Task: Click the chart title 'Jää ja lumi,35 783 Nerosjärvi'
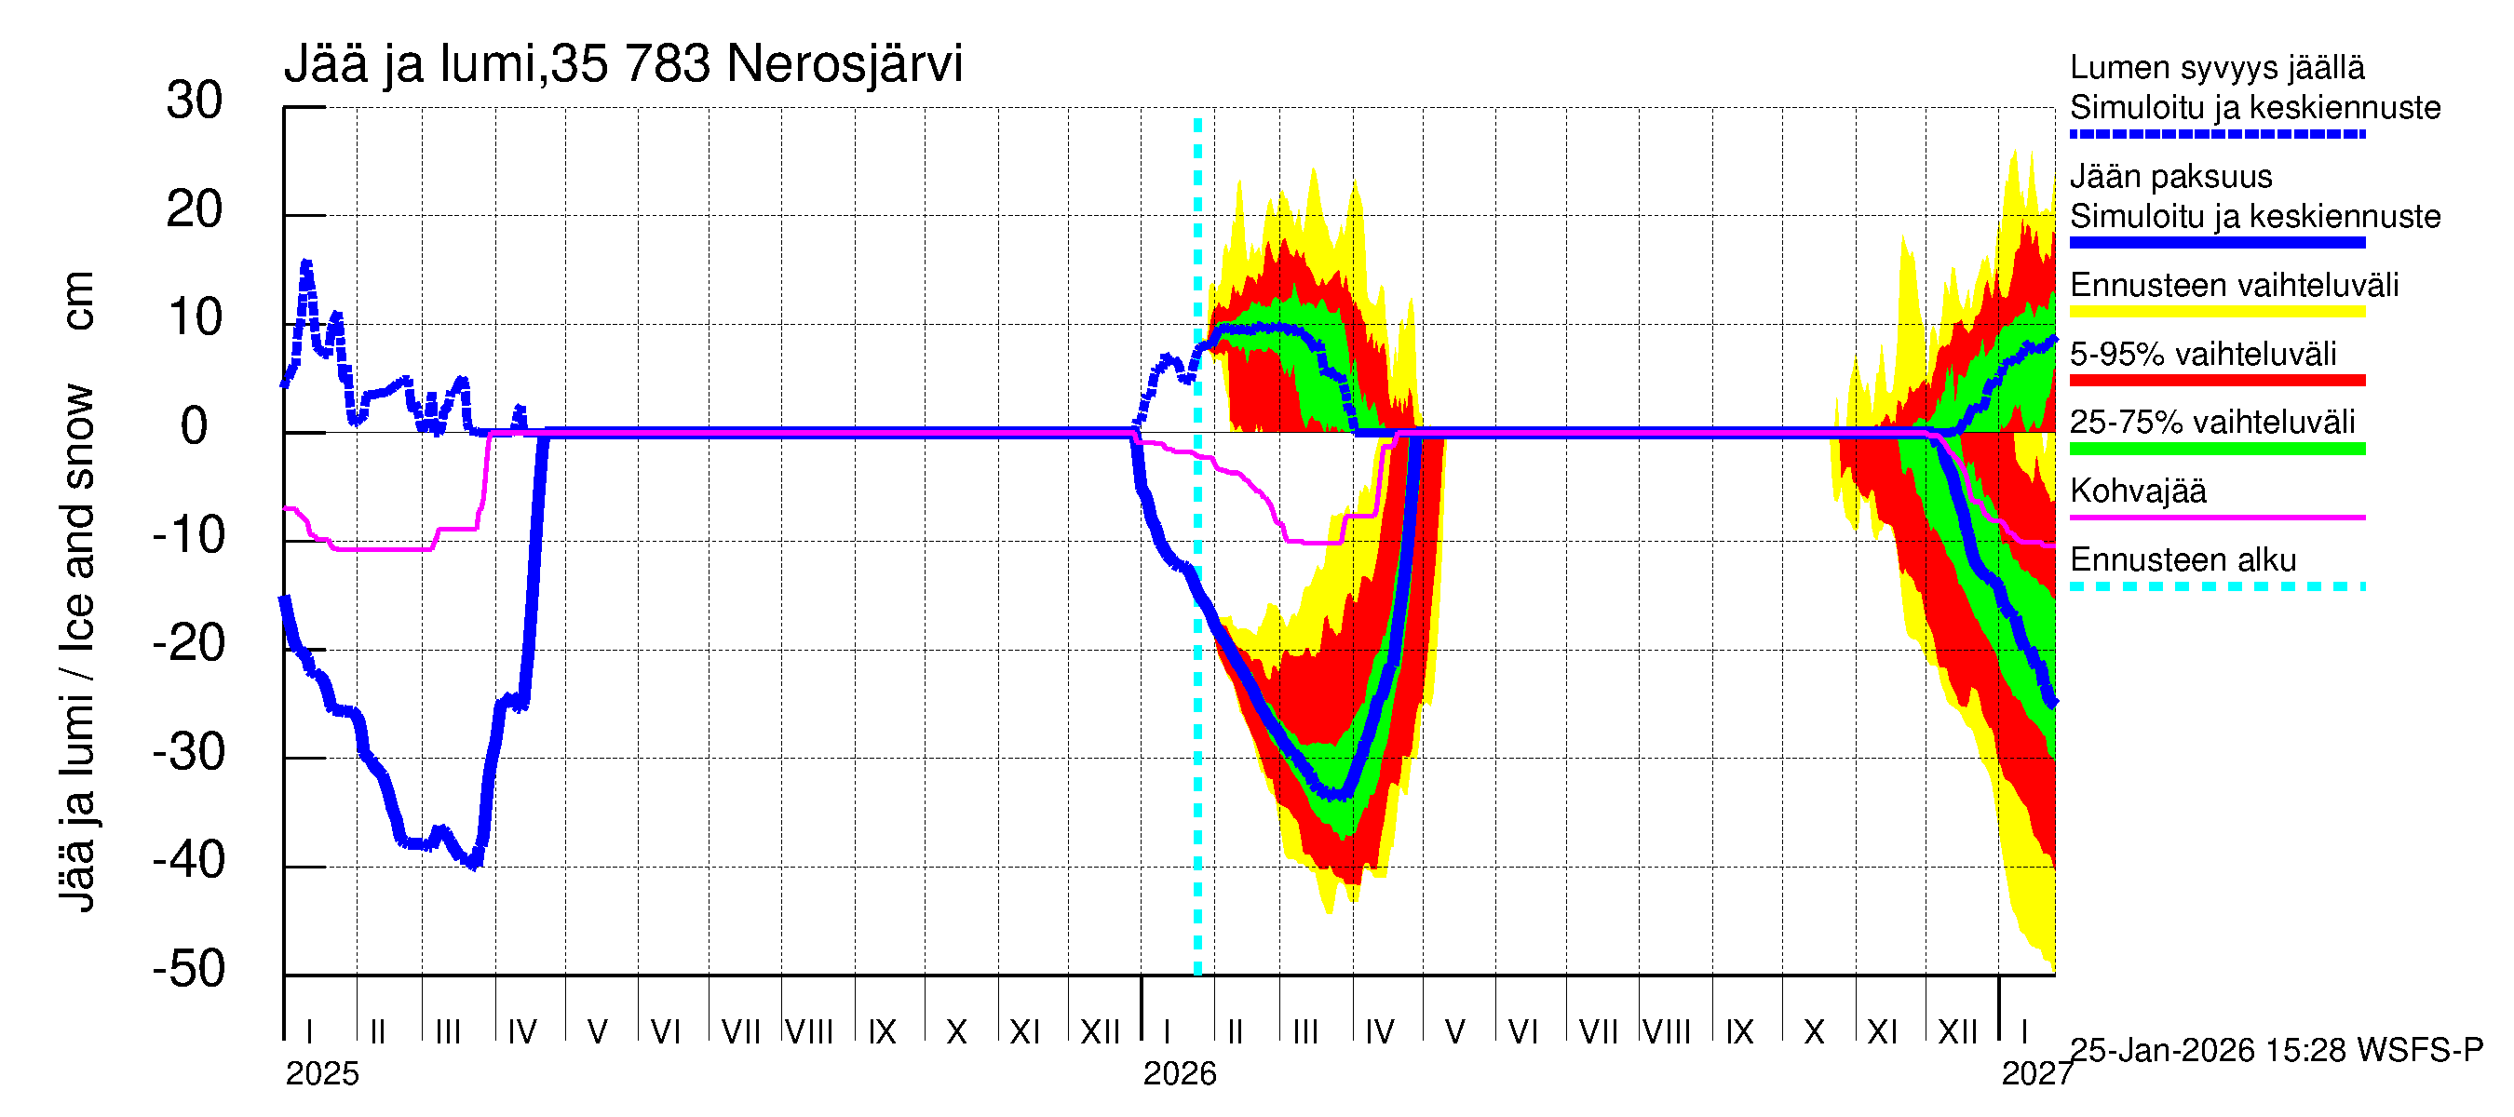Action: point(623,64)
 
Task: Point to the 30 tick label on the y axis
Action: point(195,101)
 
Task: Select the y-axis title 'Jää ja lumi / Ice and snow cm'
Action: point(77,590)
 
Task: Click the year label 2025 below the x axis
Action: point(322,1074)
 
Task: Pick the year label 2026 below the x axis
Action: point(1179,1074)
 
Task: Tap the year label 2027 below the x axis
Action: point(2036,1074)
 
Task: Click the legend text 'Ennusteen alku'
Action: point(2183,560)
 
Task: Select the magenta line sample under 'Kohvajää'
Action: point(2216,517)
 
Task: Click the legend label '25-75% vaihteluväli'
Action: point(2212,423)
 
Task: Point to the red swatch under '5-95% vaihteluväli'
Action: point(2216,381)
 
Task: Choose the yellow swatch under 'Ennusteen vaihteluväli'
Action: point(2216,311)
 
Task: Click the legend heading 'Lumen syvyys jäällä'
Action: point(2217,67)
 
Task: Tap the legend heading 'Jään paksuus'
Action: point(2171,177)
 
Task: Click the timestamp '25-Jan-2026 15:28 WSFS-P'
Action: point(2276,1051)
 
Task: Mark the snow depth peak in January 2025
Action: point(306,263)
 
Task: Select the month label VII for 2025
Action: point(741,1032)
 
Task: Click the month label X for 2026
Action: point(1813,1032)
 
